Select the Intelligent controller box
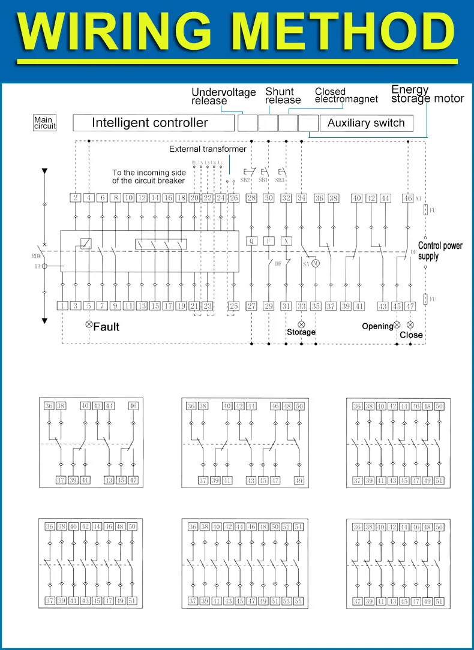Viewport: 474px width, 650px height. pyautogui.click(x=153, y=123)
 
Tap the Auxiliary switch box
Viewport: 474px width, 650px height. pyautogui.click(x=366, y=123)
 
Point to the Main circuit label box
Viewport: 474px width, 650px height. pyautogui.click(x=44, y=123)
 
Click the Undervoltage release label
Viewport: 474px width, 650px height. pyautogui.click(x=223, y=96)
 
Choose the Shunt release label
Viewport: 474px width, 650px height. pyautogui.click(x=283, y=95)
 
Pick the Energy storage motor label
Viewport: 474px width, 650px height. pyautogui.click(x=427, y=94)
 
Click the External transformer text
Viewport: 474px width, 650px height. pyautogui.click(x=208, y=149)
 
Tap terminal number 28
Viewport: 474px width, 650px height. pyautogui.click(x=251, y=198)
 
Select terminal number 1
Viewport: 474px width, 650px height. pyautogui.click(x=63, y=306)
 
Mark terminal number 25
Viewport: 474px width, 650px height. pyautogui.click(x=233, y=306)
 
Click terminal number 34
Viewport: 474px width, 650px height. pyautogui.click(x=301, y=198)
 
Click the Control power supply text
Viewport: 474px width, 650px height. pyautogui.click(x=440, y=251)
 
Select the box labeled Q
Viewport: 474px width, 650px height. pyautogui.click(x=251, y=240)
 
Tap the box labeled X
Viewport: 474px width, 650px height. pyautogui.click(x=286, y=240)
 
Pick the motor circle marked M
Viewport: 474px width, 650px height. pyautogui.click(x=316, y=263)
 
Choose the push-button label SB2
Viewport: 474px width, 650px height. pyautogui.click(x=245, y=180)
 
